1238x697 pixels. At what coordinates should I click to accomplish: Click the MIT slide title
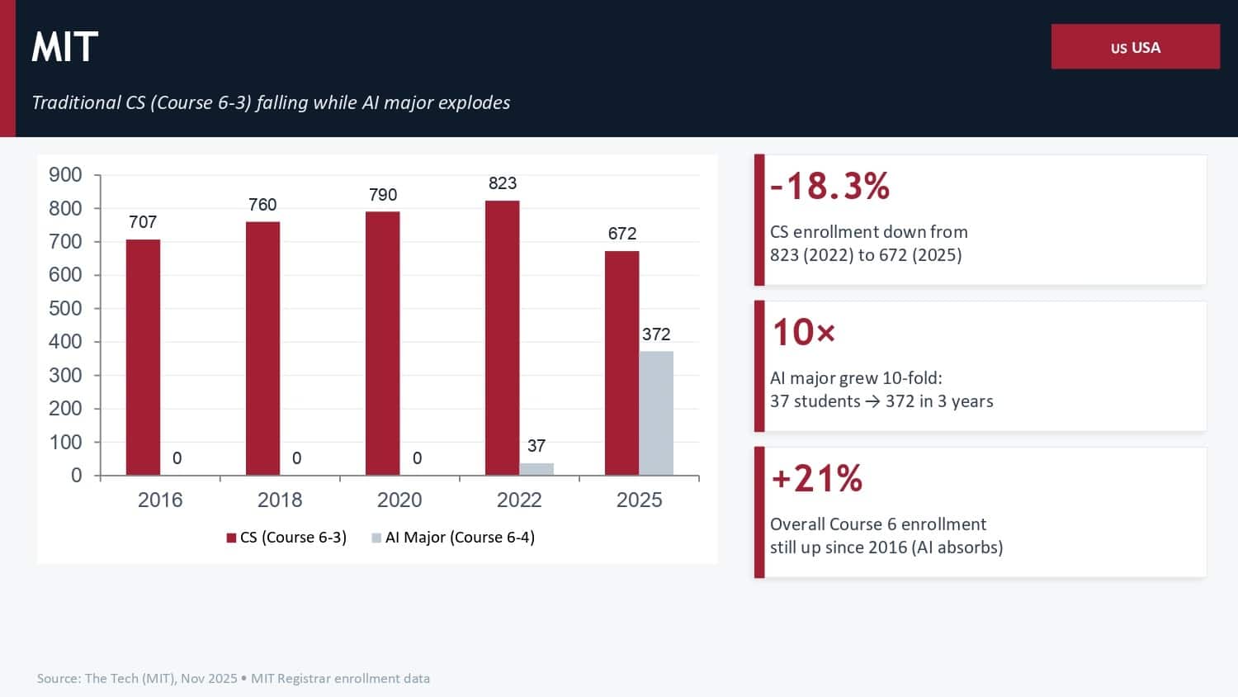tap(65, 47)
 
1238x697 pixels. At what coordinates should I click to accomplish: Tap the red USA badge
tap(1135, 47)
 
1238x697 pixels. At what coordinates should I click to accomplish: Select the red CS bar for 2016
tap(143, 357)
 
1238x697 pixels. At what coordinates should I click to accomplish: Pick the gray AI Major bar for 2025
tap(656, 413)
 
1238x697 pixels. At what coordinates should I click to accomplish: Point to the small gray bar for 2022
tap(536, 469)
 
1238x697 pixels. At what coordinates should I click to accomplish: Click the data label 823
tap(503, 183)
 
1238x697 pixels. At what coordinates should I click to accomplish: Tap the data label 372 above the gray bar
tap(656, 334)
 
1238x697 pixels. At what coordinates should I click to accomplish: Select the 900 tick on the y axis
tap(65, 175)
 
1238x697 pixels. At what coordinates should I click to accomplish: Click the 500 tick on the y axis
tap(65, 308)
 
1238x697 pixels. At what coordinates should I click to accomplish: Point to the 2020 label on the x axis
tap(399, 500)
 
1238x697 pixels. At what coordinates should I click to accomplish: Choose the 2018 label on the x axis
tap(280, 500)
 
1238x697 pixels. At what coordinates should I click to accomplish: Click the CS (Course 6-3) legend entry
tap(286, 538)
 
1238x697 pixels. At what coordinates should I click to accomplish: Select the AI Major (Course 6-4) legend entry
tap(453, 538)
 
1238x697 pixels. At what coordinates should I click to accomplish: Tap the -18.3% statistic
tap(829, 186)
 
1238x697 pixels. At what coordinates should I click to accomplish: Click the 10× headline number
tap(803, 332)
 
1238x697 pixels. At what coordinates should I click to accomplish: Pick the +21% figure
tap(816, 478)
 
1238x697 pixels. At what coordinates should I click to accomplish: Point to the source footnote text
tap(234, 678)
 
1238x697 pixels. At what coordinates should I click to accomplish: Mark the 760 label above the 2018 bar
tap(262, 205)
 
